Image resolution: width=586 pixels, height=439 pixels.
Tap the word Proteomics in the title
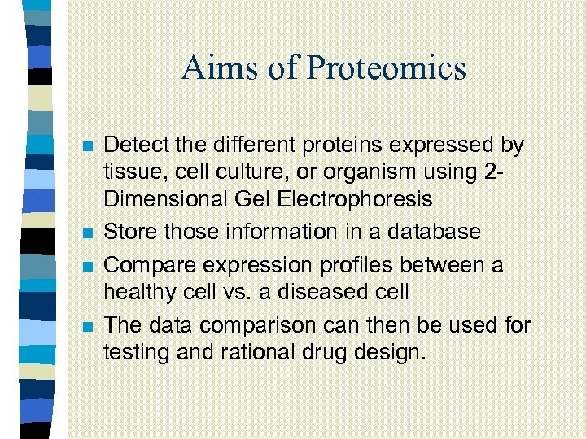coord(387,67)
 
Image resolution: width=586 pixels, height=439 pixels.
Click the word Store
coord(130,232)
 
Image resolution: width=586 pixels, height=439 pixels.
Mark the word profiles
coord(353,265)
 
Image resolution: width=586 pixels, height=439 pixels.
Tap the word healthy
coord(138,293)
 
